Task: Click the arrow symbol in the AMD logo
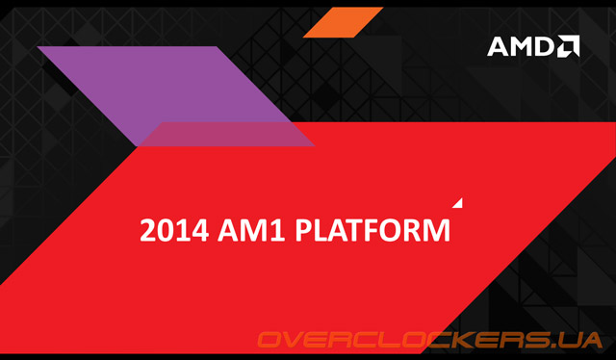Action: [x=568, y=45]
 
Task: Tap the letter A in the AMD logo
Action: [x=500, y=46]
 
